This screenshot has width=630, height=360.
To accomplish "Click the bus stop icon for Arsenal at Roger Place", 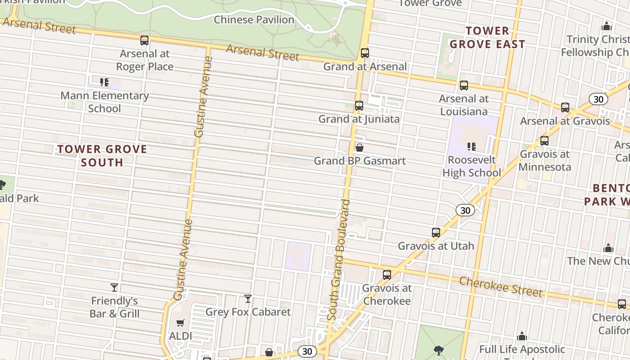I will click(x=144, y=40).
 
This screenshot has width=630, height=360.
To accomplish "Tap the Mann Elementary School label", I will click(x=104, y=102).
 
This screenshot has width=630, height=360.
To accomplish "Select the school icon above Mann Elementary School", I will click(x=104, y=82).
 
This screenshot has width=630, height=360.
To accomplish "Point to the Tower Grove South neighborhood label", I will click(x=102, y=156).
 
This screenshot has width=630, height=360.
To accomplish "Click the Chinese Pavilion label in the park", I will click(x=254, y=20).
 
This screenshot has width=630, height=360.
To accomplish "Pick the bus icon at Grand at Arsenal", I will click(x=365, y=53).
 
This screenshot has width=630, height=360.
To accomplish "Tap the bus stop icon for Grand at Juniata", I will click(x=359, y=106).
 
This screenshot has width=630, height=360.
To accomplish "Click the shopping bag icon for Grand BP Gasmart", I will click(x=360, y=148).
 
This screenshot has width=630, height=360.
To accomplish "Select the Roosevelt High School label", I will click(x=472, y=166).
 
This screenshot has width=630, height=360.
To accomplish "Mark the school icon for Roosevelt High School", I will click(x=472, y=146).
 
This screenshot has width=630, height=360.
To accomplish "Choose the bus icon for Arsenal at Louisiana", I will click(x=464, y=85).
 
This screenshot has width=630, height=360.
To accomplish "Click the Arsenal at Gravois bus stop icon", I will click(x=565, y=108).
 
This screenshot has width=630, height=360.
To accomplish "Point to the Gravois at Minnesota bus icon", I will click(x=544, y=141).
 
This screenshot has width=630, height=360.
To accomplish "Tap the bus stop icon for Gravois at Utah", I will click(x=436, y=233).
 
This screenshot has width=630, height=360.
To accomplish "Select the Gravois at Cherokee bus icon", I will click(x=387, y=275).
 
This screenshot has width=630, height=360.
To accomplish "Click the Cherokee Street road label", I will click(x=501, y=287).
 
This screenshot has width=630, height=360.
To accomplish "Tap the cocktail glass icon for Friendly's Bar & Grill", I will click(x=114, y=287).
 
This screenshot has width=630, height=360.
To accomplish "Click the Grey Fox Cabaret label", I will click(x=248, y=312).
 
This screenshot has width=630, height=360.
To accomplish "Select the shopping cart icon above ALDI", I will click(x=180, y=323).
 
